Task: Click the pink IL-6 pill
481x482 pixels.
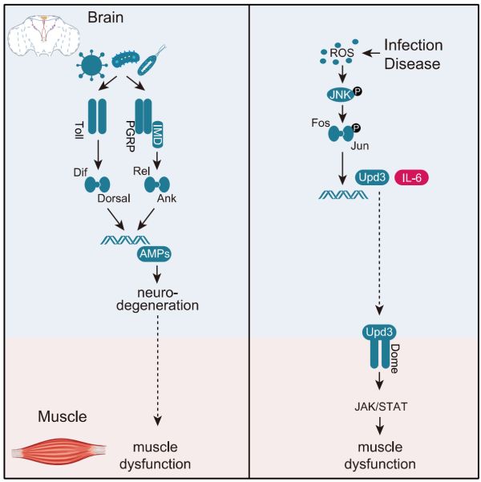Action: point(411,177)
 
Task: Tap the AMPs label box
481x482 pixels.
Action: point(154,253)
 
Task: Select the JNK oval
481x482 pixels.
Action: point(340,95)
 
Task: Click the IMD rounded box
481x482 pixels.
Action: point(158,134)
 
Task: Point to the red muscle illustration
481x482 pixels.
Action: point(59,452)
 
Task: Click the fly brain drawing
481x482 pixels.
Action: point(43,36)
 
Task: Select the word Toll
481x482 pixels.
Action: point(79,130)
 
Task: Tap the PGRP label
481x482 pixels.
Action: point(131,136)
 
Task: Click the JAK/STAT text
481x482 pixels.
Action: point(381,407)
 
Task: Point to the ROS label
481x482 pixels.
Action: point(342,53)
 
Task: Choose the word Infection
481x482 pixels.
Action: point(414,45)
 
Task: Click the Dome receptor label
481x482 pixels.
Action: point(394,358)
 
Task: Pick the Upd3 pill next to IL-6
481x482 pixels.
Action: point(372,177)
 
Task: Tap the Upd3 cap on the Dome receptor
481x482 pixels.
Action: point(379,332)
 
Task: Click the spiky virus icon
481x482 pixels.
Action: point(92,65)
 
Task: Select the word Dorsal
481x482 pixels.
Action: point(114,198)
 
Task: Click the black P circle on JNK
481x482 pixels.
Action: point(357,91)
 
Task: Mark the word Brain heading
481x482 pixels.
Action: point(106,17)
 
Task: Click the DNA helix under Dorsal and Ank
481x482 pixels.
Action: point(125,240)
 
